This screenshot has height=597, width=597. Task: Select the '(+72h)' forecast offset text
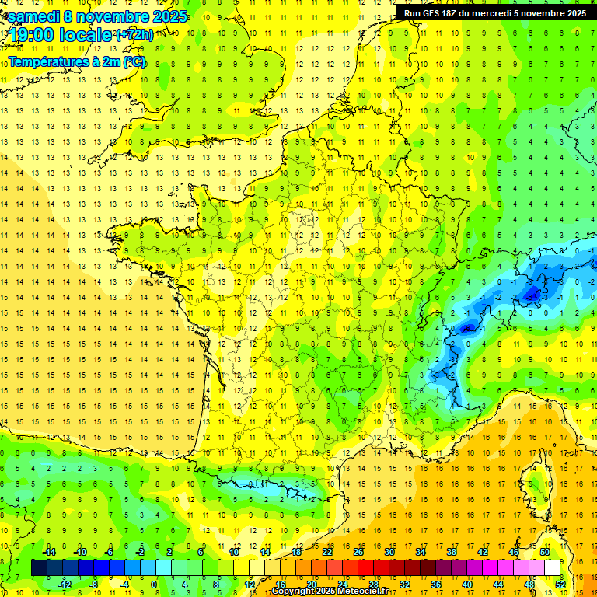pos(134,35)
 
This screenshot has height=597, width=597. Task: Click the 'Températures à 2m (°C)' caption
pos(77,61)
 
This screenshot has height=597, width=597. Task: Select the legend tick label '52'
pos(560,585)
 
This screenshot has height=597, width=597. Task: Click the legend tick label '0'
pos(154,585)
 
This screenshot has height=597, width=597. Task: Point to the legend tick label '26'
pos(358,551)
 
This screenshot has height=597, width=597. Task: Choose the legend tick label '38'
pos(451,551)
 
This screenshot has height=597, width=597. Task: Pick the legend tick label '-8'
pos(93,585)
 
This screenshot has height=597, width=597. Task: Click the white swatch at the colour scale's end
pos(552,568)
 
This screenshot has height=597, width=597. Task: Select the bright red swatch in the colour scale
pos(365,568)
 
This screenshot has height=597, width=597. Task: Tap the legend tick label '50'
pos(544,551)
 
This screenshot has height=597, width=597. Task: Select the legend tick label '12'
pos(249,585)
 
